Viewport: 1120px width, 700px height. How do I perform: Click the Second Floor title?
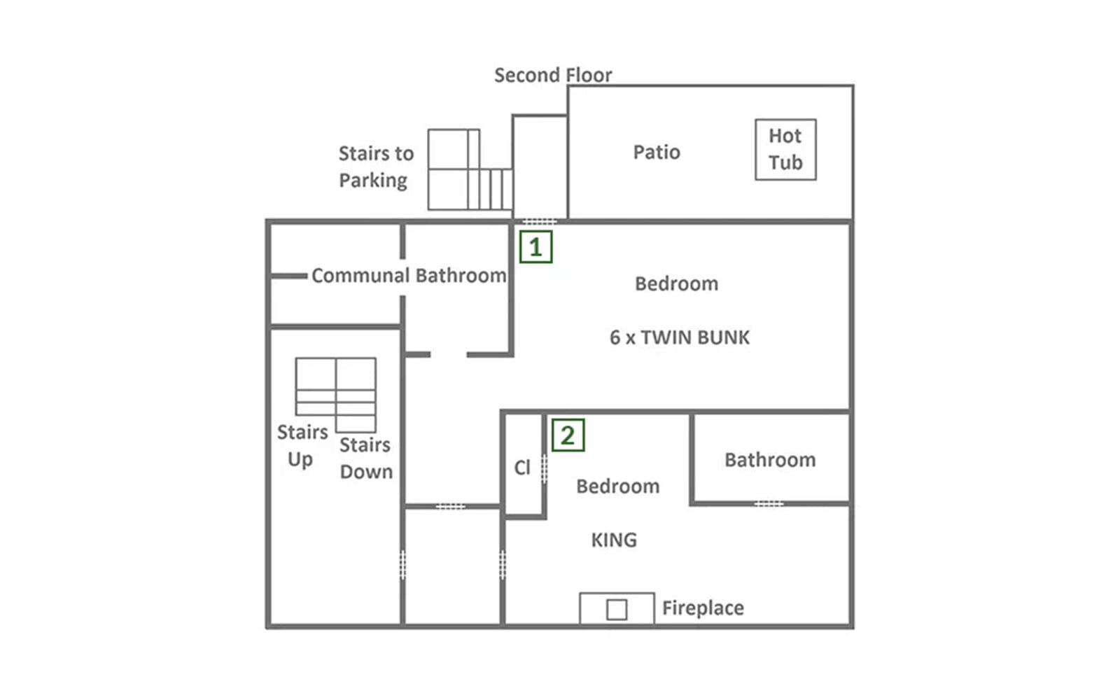(x=553, y=76)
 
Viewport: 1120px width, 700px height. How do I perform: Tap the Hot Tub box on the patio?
(x=785, y=150)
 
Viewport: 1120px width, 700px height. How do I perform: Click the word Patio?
(x=657, y=152)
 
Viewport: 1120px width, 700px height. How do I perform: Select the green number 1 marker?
(x=536, y=246)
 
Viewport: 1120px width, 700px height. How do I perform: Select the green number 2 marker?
(x=568, y=435)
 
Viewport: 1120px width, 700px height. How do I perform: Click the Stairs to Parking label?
(x=376, y=167)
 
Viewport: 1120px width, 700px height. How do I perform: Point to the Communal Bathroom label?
(x=409, y=276)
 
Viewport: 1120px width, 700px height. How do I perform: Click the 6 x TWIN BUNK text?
(x=680, y=337)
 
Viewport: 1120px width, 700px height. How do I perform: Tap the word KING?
(x=614, y=540)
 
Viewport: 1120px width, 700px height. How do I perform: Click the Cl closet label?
(x=522, y=468)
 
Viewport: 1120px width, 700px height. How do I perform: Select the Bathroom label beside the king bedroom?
(x=770, y=460)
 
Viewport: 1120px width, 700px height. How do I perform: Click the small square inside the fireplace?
(x=617, y=610)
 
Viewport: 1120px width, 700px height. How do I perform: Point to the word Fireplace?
(x=703, y=608)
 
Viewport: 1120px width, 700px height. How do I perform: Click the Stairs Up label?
(x=302, y=445)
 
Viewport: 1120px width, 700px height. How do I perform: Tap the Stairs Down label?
(x=366, y=458)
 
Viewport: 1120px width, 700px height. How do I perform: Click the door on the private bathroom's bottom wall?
(x=769, y=503)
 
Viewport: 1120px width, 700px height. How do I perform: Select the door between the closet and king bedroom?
(x=545, y=468)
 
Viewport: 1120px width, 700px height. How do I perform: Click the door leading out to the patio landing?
(x=540, y=221)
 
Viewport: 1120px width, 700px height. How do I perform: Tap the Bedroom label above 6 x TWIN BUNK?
(x=676, y=284)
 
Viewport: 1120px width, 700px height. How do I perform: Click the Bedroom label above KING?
(x=618, y=486)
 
